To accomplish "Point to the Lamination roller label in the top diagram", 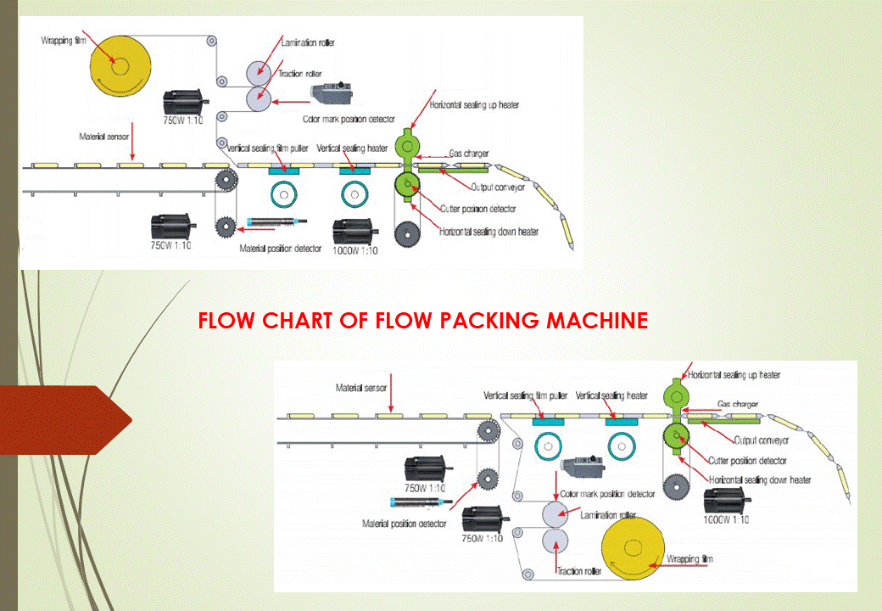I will (310, 41).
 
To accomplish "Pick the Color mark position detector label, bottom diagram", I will (607, 494).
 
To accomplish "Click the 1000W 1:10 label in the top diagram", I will (355, 250).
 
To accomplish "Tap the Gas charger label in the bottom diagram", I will (738, 404).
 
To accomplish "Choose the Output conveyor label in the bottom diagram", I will (761, 440).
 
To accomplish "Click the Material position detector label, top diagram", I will (282, 249).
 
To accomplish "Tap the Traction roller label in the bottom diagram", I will (579, 572).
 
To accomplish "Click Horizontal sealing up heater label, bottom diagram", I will (734, 374).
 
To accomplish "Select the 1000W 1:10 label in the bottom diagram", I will (726, 519).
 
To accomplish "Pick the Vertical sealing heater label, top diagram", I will (352, 149).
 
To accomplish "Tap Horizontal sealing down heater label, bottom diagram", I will (759, 480).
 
